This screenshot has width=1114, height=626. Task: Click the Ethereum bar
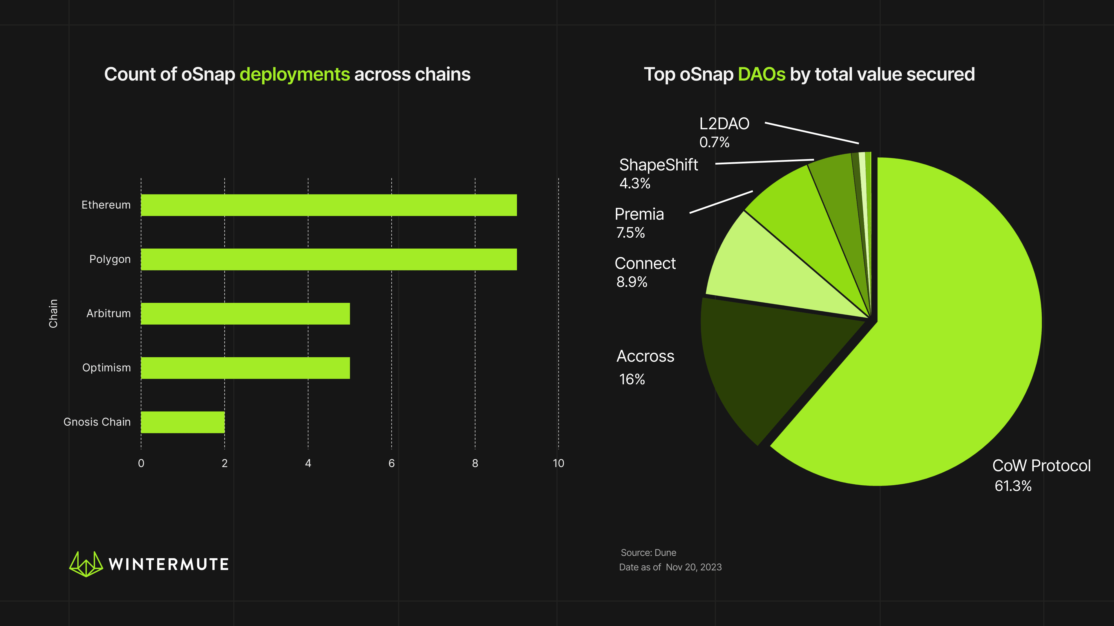[329, 205]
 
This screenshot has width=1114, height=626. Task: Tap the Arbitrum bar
[245, 314]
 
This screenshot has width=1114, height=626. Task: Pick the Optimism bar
[245, 368]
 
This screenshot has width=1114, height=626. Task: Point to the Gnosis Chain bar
[182, 422]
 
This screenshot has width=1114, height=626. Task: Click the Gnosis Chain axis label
[97, 422]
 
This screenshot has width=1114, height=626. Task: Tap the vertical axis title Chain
[53, 314]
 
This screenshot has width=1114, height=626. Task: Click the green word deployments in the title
[294, 74]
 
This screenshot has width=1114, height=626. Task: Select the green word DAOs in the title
[761, 74]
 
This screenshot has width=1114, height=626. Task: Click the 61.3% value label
[1013, 486]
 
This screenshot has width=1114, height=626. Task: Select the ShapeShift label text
[658, 165]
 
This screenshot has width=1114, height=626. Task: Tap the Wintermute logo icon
[86, 564]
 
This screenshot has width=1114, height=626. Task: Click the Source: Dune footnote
[648, 553]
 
